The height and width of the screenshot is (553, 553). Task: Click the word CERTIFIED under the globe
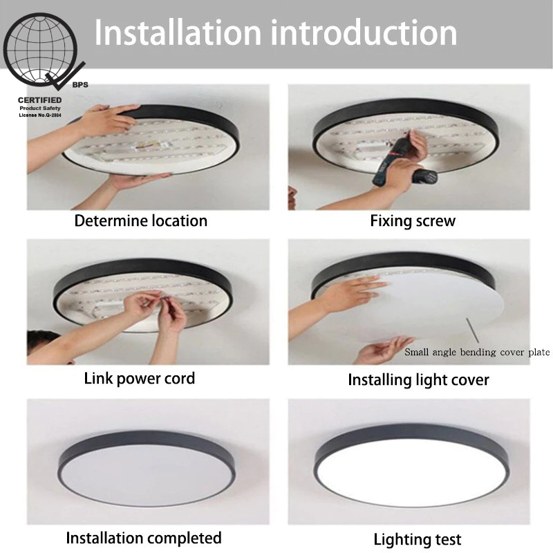click(x=40, y=100)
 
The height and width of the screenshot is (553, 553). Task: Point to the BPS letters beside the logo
click(x=80, y=85)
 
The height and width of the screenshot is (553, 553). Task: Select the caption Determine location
click(x=141, y=221)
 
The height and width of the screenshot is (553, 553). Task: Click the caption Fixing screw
click(x=413, y=221)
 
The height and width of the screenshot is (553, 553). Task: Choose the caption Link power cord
click(x=140, y=378)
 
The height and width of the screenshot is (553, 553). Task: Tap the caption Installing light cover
click(x=418, y=380)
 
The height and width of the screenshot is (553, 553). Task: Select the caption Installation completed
click(x=144, y=538)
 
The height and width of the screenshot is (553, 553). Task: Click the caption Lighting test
click(x=418, y=540)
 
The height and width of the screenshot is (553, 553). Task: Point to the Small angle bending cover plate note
click(x=477, y=352)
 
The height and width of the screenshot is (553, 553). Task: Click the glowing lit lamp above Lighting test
click(x=411, y=466)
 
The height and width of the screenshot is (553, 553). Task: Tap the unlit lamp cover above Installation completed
click(x=147, y=468)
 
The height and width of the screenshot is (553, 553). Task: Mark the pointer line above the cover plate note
click(x=472, y=330)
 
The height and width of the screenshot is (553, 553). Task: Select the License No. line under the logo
click(x=40, y=115)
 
